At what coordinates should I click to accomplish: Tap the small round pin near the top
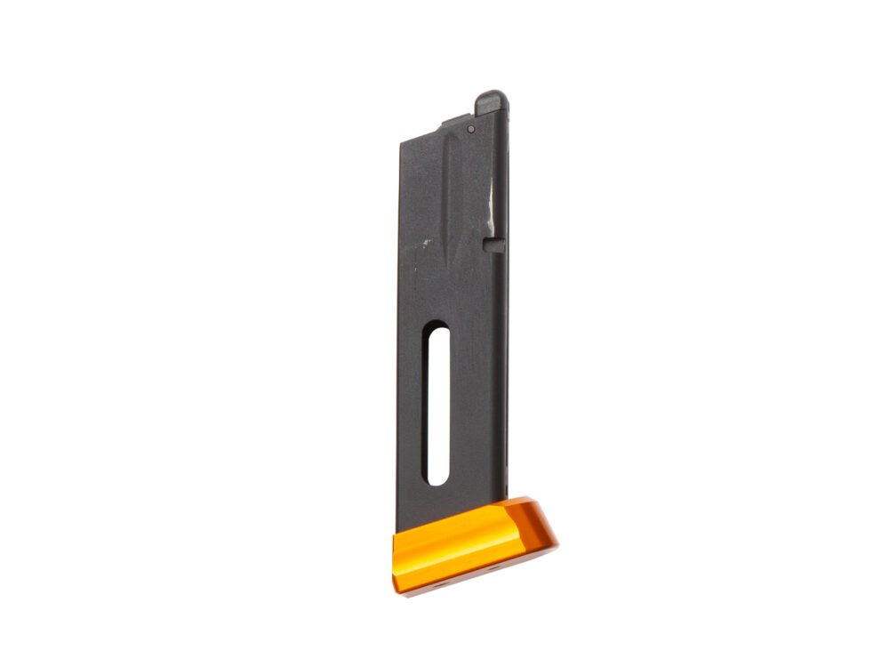click(x=470, y=130)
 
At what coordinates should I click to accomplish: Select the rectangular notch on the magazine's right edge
click(x=495, y=243)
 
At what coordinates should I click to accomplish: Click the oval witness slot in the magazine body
click(x=437, y=406)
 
